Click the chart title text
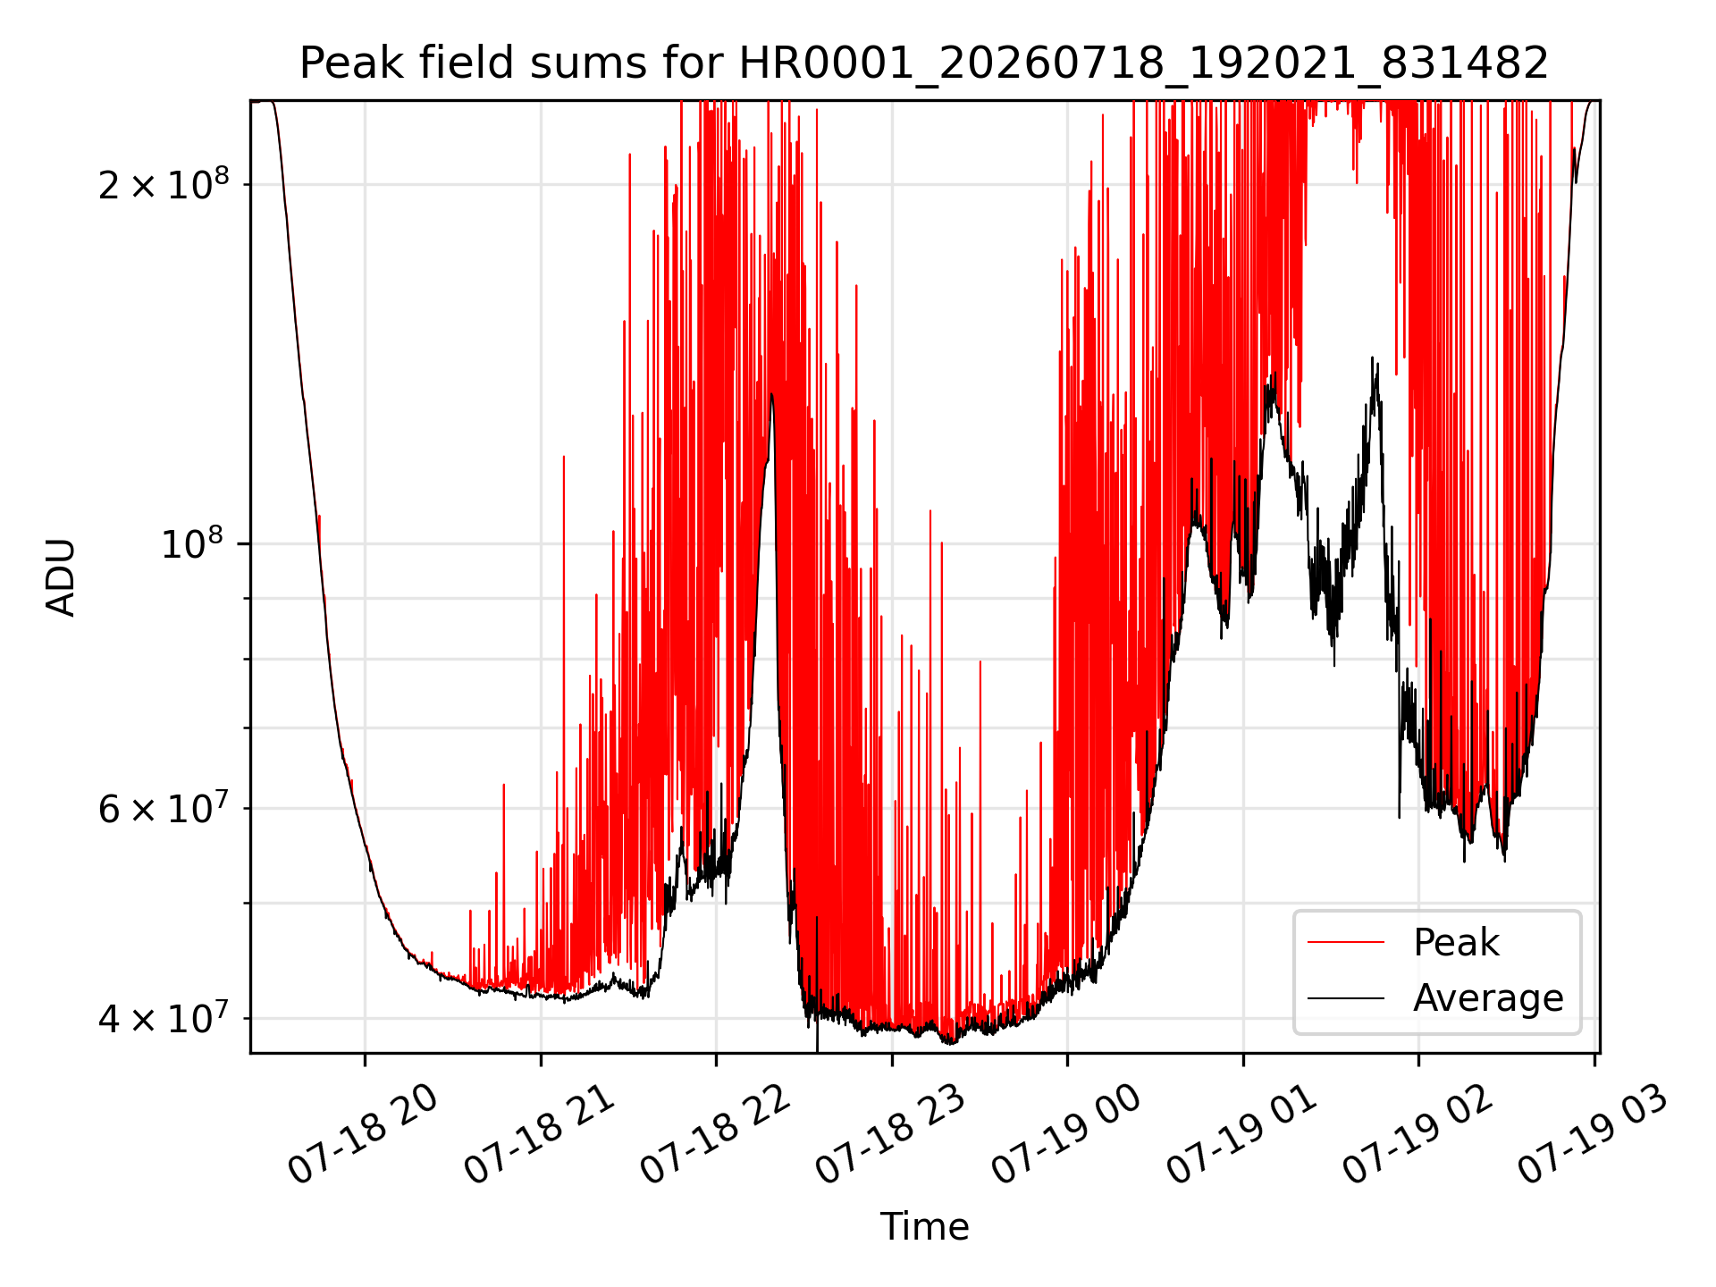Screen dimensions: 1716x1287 click(924, 64)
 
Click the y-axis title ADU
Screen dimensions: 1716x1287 click(61, 577)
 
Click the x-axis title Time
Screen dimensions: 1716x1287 click(924, 1226)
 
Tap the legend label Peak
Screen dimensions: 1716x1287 click(1456, 943)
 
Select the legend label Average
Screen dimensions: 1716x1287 click(1488, 997)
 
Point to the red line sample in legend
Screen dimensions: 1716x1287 click(1346, 943)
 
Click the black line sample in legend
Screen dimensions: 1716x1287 click(1346, 998)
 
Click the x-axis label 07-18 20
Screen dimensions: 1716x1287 click(363, 1134)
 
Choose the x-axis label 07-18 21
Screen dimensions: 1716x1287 click(539, 1134)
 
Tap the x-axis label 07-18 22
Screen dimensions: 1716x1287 click(715, 1134)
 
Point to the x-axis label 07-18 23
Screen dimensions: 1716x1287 click(890, 1134)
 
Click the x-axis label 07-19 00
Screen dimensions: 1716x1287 click(1066, 1134)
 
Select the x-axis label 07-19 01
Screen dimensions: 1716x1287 click(1242, 1134)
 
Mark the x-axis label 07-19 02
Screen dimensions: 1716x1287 click(1417, 1134)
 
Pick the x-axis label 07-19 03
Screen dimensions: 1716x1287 click(1594, 1134)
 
